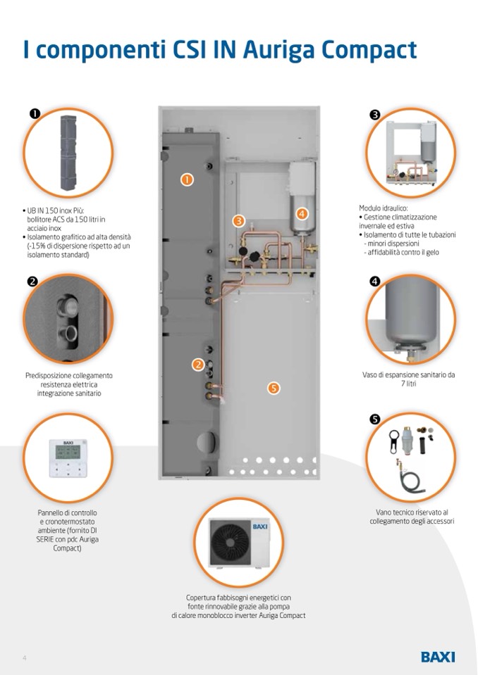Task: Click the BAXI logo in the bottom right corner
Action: point(438,657)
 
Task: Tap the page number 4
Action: point(25,657)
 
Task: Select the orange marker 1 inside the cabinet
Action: point(187,179)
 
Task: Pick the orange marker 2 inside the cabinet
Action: point(198,364)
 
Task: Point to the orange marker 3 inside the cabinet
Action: point(239,221)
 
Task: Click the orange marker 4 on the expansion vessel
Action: point(302,213)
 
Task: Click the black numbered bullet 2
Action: point(32,282)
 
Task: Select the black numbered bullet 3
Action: point(375,115)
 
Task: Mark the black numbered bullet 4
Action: point(375,281)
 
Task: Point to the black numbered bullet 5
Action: point(375,419)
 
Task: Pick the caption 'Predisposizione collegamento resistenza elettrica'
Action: point(68,380)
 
